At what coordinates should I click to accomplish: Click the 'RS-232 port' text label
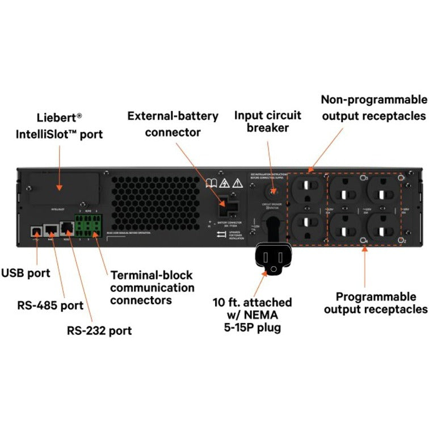pyautogui.click(x=100, y=330)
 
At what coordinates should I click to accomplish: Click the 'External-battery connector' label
pyautogui.click(x=173, y=124)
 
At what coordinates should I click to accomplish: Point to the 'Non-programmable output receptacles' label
pyautogui.click(x=373, y=108)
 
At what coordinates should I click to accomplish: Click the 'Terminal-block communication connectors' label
pyautogui.click(x=152, y=288)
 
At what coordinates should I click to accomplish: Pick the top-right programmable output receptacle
pyautogui.click(x=384, y=190)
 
